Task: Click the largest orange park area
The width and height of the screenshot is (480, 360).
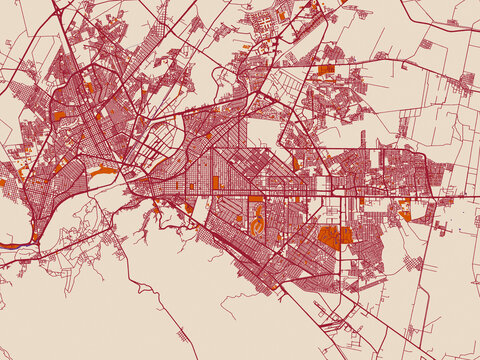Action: tap(334, 236)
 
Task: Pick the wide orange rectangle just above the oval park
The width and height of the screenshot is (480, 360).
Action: tap(256, 198)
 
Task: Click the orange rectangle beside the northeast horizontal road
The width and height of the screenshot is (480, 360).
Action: tap(326, 70)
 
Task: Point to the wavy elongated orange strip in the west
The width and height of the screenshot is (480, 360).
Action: tap(102, 171)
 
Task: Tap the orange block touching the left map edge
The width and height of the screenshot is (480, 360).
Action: tap(2, 183)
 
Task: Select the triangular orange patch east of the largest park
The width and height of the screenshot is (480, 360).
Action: tap(405, 214)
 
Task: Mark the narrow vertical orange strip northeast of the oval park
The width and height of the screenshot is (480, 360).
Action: tap(295, 164)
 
